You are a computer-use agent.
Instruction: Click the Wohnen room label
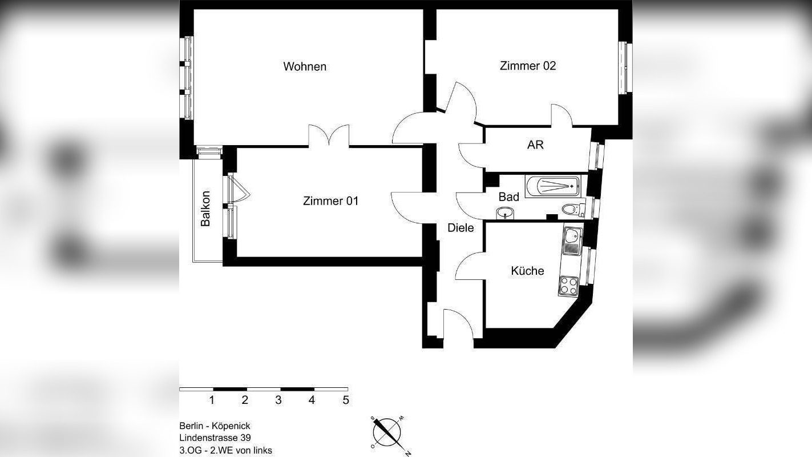305,67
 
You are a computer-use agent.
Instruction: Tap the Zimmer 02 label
527,66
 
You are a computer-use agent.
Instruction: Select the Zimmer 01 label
330,201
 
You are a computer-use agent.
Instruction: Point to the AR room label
535,145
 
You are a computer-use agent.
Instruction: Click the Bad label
508,197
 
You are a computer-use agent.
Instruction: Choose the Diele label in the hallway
460,228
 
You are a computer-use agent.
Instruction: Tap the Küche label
527,271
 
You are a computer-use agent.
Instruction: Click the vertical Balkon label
206,208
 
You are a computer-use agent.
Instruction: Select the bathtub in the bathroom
552,186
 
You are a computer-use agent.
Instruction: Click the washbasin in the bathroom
505,214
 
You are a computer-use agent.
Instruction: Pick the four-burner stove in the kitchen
568,285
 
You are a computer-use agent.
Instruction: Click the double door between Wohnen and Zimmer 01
329,137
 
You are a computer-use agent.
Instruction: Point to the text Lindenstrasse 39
214,438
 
